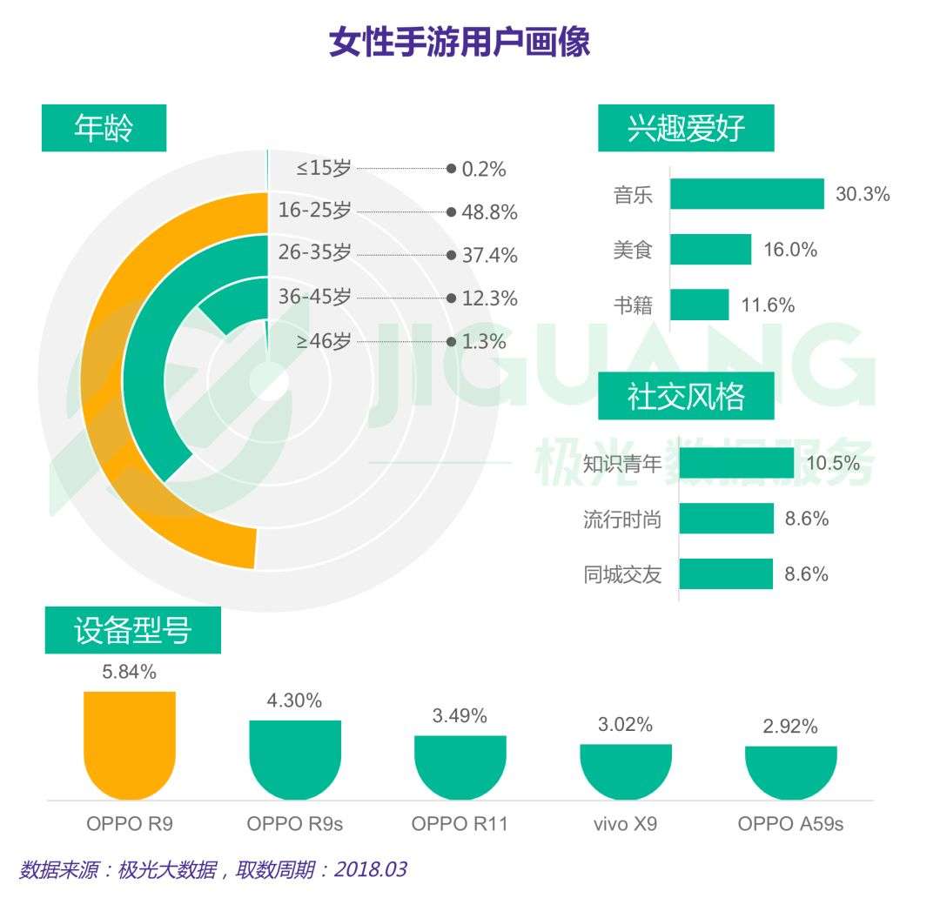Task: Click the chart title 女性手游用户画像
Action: pos(460,42)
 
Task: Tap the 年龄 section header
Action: pos(104,128)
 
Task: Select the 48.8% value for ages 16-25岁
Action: pos(489,212)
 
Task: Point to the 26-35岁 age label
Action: pos(314,254)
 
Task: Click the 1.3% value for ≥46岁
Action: pos(484,342)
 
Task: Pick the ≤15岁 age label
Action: pos(324,169)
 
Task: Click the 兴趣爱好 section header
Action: pos(686,128)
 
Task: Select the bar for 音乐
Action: pos(748,194)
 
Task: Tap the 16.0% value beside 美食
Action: pos(790,250)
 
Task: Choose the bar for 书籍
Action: pos(700,305)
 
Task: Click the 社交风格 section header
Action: pos(686,397)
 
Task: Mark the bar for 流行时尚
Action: pos(727,519)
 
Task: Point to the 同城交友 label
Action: pos(622,574)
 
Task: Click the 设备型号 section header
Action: pos(132,631)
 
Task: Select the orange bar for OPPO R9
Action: pos(130,744)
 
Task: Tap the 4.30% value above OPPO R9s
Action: pos(294,700)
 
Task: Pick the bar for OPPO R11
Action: pos(460,766)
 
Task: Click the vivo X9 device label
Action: pos(625,823)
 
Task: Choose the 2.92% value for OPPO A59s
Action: pos(790,727)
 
